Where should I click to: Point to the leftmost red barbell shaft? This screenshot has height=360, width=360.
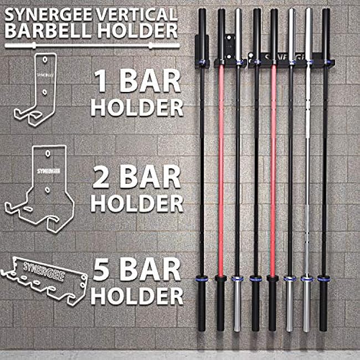(220, 166)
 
